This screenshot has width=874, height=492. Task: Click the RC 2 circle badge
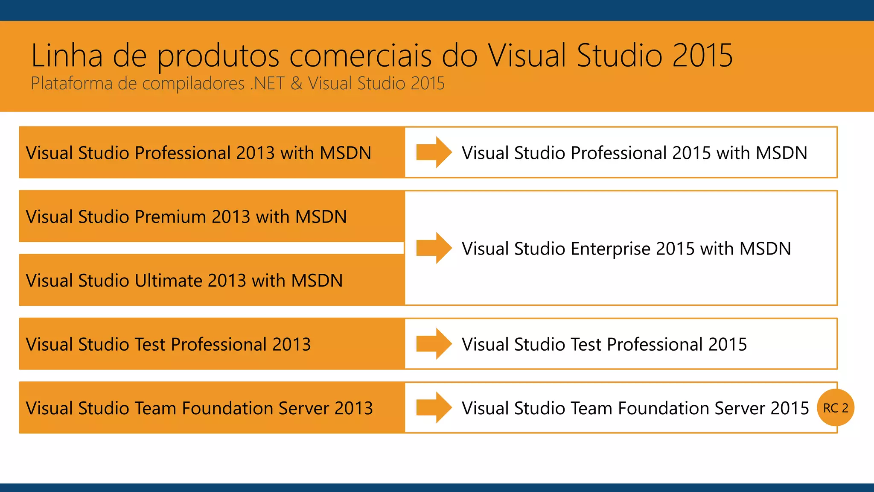click(835, 408)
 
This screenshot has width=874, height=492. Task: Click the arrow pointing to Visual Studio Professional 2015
click(434, 152)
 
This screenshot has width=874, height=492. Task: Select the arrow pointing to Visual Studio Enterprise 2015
click(434, 248)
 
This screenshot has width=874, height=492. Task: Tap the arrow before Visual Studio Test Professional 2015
click(434, 344)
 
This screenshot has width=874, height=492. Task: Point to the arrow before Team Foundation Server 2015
click(434, 408)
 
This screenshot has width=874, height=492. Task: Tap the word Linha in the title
click(67, 56)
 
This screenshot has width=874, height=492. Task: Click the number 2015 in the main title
click(702, 56)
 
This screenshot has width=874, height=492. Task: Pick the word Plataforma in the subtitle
click(72, 83)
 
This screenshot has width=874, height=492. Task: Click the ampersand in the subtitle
click(296, 83)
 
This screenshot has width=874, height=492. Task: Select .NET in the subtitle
click(267, 83)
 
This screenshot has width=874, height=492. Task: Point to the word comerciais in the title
click(361, 56)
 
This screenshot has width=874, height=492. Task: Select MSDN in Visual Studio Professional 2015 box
click(781, 153)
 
